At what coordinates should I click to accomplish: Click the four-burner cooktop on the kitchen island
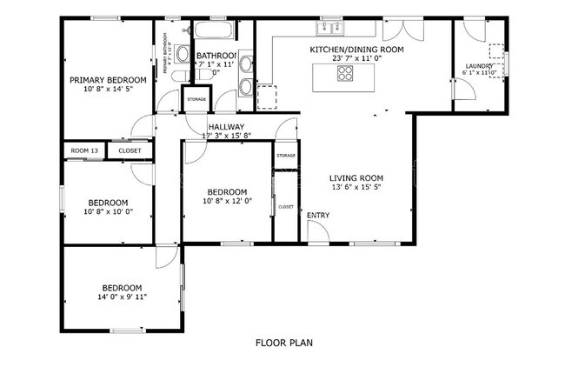345,73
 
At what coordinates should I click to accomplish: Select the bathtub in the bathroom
212,33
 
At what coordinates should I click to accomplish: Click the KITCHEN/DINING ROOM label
356,50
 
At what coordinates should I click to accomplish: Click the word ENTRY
317,215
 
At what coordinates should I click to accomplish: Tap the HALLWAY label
226,126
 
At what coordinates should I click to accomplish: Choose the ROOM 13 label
84,150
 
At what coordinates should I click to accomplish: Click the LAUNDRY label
479,66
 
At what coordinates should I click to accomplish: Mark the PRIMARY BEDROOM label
110,79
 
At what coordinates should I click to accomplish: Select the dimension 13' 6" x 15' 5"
356,186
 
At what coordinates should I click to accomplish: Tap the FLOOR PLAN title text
283,343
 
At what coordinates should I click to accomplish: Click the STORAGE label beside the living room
286,155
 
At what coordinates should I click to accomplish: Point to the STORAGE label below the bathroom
196,99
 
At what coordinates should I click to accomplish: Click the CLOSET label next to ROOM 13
130,150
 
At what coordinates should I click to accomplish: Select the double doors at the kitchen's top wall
402,28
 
